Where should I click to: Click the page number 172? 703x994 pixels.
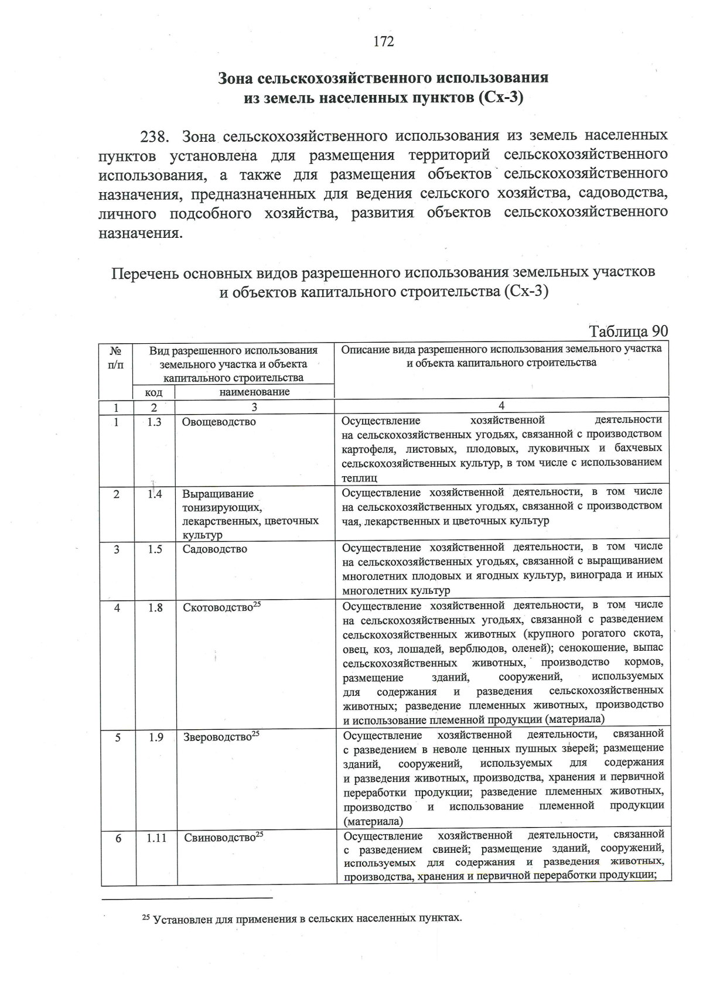pos(384,42)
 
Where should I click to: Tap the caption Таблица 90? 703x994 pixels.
pos(628,331)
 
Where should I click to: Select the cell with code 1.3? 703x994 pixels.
pos(154,422)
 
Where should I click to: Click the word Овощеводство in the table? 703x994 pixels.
pos(219,422)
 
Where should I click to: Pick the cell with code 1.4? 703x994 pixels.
pos(154,494)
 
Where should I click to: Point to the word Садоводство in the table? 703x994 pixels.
pos(214,549)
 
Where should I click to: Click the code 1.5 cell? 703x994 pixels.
pos(155,549)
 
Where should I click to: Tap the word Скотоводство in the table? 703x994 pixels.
pos(218,608)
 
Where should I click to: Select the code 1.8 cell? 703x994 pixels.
pos(155,608)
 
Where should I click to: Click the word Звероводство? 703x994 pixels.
pos(217,737)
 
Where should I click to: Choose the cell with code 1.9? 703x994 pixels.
pos(156,737)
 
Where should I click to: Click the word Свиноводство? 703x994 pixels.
pos(220,838)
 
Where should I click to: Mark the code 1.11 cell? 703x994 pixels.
pos(156,838)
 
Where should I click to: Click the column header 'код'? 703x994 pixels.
pos(153,392)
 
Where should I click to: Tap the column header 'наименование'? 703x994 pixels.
pos(254,392)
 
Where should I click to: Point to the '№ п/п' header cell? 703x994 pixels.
pos(116,357)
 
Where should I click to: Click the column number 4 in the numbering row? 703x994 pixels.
pos(501,406)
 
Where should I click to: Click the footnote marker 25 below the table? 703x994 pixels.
pos(146,917)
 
